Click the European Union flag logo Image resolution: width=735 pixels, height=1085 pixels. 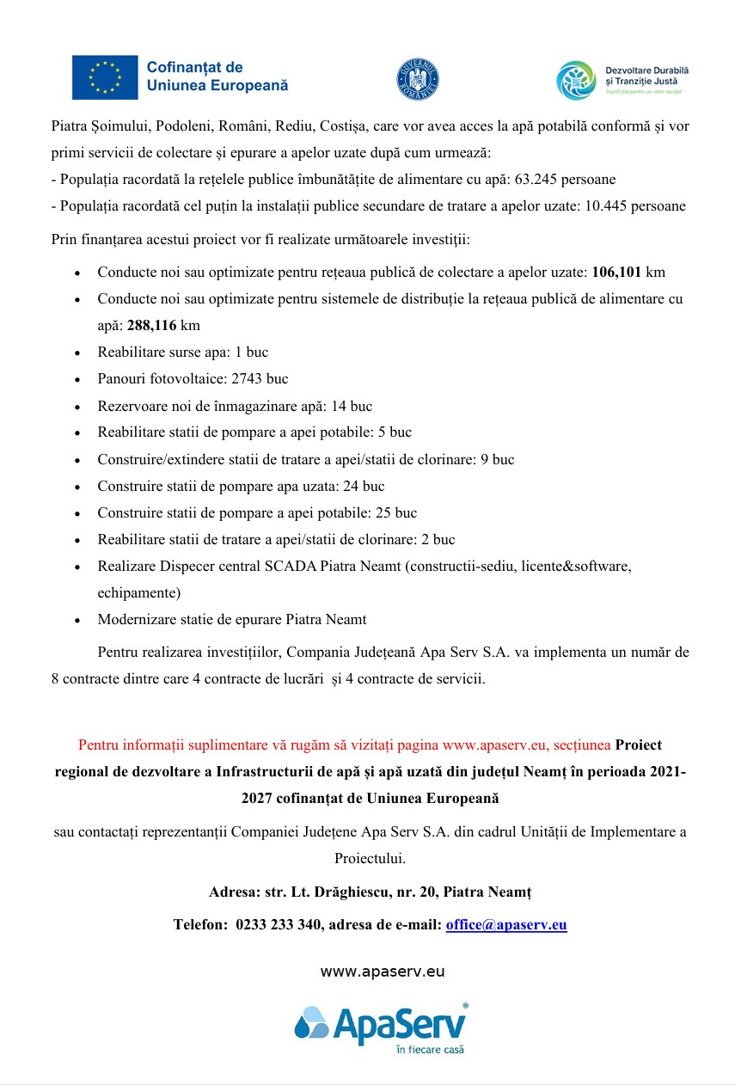[104, 77]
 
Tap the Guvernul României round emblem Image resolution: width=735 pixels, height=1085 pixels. [418, 79]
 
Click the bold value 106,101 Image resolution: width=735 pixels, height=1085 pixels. [616, 273]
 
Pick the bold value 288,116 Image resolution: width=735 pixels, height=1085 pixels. [152, 326]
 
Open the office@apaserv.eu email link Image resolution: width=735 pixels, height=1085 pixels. [506, 925]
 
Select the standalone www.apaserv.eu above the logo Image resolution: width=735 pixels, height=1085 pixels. [383, 972]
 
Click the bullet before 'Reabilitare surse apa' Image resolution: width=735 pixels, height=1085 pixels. [78, 353]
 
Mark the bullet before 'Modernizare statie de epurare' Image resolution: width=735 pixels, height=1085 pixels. [78, 620]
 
